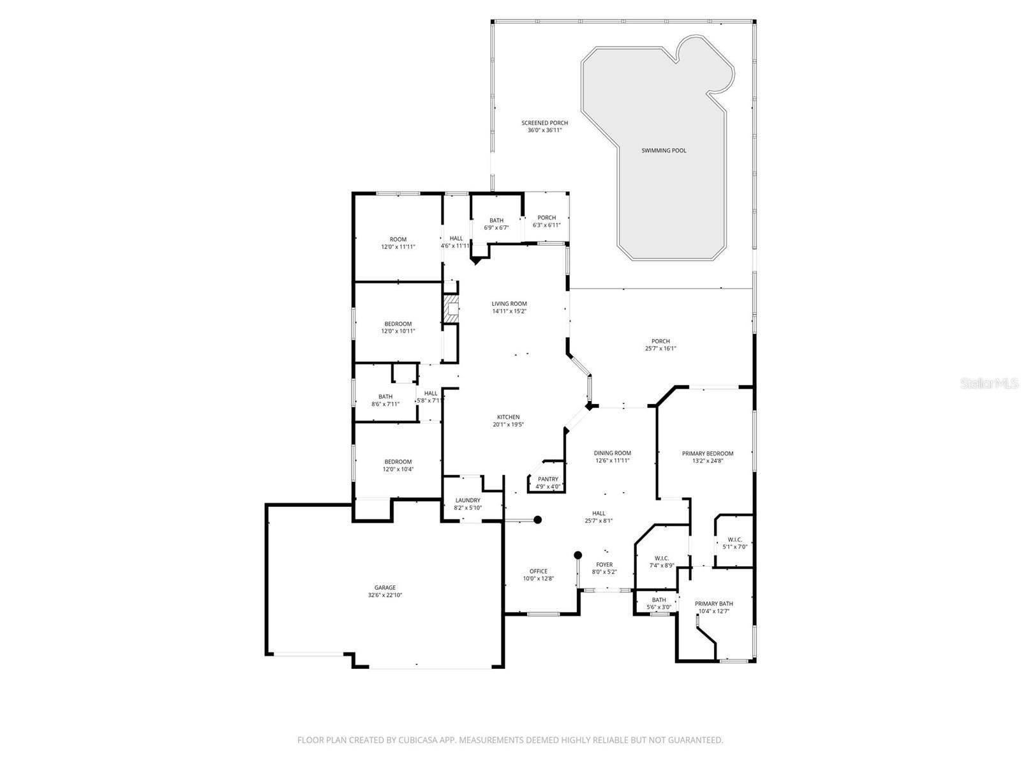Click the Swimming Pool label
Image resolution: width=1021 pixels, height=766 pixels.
[x=664, y=151]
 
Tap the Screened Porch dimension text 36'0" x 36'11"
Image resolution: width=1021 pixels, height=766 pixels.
[x=544, y=130]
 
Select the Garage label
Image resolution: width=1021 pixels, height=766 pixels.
[x=385, y=587]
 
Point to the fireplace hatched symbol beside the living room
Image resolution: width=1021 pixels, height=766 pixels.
[x=452, y=309]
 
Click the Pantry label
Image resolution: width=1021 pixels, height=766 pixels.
[x=548, y=479]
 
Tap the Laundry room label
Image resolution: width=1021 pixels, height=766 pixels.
[x=468, y=500]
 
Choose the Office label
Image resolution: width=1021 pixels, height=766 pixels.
[x=538, y=571]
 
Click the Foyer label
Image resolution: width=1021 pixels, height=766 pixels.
[x=604, y=564]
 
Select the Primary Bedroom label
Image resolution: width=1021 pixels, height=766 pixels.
[x=707, y=453]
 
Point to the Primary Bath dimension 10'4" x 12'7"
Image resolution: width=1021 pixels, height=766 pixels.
[x=713, y=611]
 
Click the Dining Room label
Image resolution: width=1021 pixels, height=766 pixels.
[x=612, y=453]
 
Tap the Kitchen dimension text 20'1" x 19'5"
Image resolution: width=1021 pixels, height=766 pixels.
[x=509, y=424]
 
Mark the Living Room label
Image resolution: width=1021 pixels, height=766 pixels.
[x=509, y=304]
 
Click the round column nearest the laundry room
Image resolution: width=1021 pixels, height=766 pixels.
[x=537, y=520]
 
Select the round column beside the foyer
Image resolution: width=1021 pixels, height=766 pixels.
[x=578, y=555]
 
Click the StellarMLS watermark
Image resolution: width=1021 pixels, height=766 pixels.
[x=994, y=383]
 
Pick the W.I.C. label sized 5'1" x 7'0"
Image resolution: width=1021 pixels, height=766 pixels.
[x=734, y=539]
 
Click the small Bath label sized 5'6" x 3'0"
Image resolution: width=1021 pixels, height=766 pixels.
[x=659, y=600]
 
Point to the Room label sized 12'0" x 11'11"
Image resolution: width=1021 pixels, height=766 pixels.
[x=398, y=239]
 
